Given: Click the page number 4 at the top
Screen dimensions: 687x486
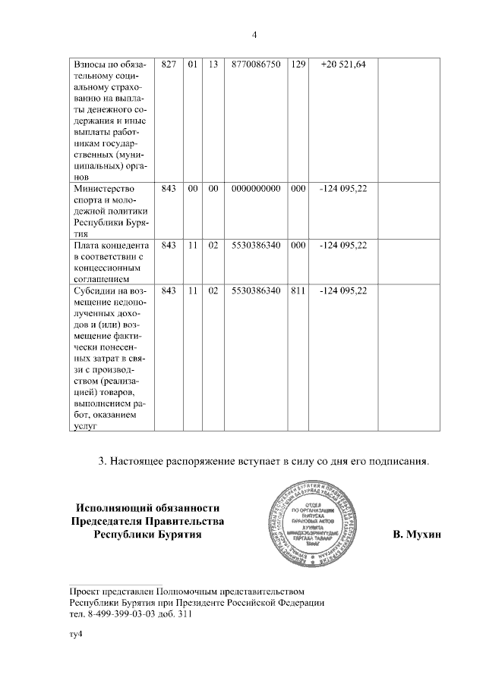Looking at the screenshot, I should pos(255,33).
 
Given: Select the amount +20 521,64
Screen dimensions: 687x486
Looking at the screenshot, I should pos(343,65).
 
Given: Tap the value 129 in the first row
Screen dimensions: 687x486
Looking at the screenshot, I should pos(298,65).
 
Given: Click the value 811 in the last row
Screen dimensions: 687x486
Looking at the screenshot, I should pos(298,290).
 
